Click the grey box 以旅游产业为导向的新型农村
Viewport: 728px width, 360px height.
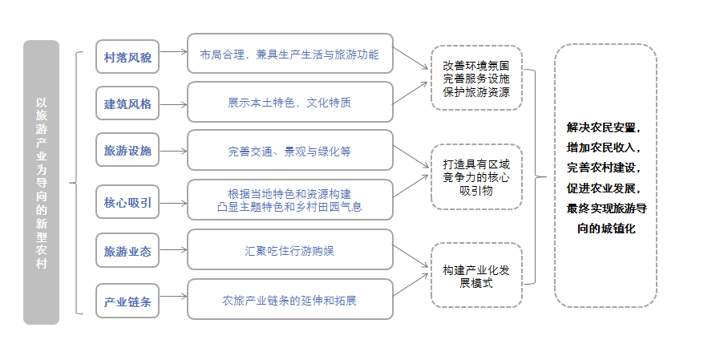point(41,182)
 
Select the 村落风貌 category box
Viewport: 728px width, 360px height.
point(127,58)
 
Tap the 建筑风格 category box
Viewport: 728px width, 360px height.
point(127,104)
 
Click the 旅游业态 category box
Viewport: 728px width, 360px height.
point(127,252)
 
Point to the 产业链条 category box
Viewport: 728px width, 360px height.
point(127,302)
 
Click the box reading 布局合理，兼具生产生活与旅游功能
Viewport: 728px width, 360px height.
point(290,55)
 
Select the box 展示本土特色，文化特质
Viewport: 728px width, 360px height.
point(290,103)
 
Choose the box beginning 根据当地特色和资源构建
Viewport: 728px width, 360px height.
point(290,200)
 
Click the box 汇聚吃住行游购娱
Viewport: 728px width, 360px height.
point(290,250)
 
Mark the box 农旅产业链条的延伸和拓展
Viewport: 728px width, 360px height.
point(290,301)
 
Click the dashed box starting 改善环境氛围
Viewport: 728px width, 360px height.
point(476,77)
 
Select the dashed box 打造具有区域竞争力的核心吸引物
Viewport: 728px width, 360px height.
point(476,176)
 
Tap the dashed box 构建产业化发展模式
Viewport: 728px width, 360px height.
point(476,275)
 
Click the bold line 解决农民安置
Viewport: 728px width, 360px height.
point(605,127)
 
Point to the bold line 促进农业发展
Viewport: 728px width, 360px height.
point(605,188)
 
